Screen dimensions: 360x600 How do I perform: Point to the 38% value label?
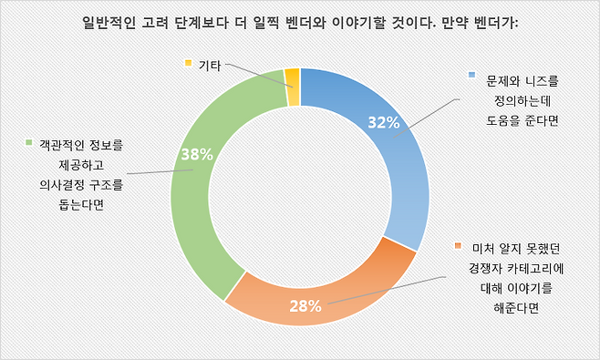tap(197, 155)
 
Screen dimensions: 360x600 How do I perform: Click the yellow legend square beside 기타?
tap(188, 63)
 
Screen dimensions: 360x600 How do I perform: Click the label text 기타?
tap(210, 64)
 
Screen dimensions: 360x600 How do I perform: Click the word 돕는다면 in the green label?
tap(74, 204)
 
